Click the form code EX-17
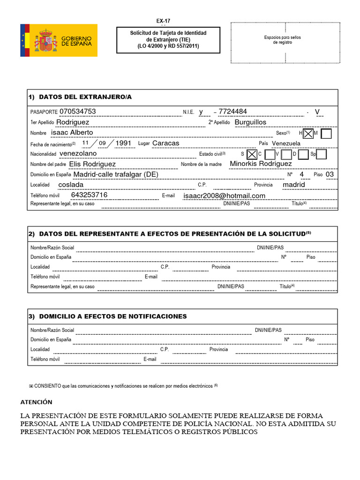click(163, 21)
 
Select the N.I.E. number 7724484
click(233, 112)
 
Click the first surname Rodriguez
click(73, 122)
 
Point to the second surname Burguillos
click(250, 122)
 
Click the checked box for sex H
click(308, 134)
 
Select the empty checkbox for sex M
click(327, 134)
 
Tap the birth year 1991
click(124, 143)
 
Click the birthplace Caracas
click(166, 143)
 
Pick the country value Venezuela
click(286, 143)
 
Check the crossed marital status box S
click(252, 154)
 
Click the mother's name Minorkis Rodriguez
click(261, 164)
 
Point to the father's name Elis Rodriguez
click(92, 164)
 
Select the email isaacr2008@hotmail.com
click(225, 196)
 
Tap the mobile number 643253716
click(89, 195)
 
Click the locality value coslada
click(71, 185)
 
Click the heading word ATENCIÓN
click(37, 402)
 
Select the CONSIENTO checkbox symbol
click(31, 386)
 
